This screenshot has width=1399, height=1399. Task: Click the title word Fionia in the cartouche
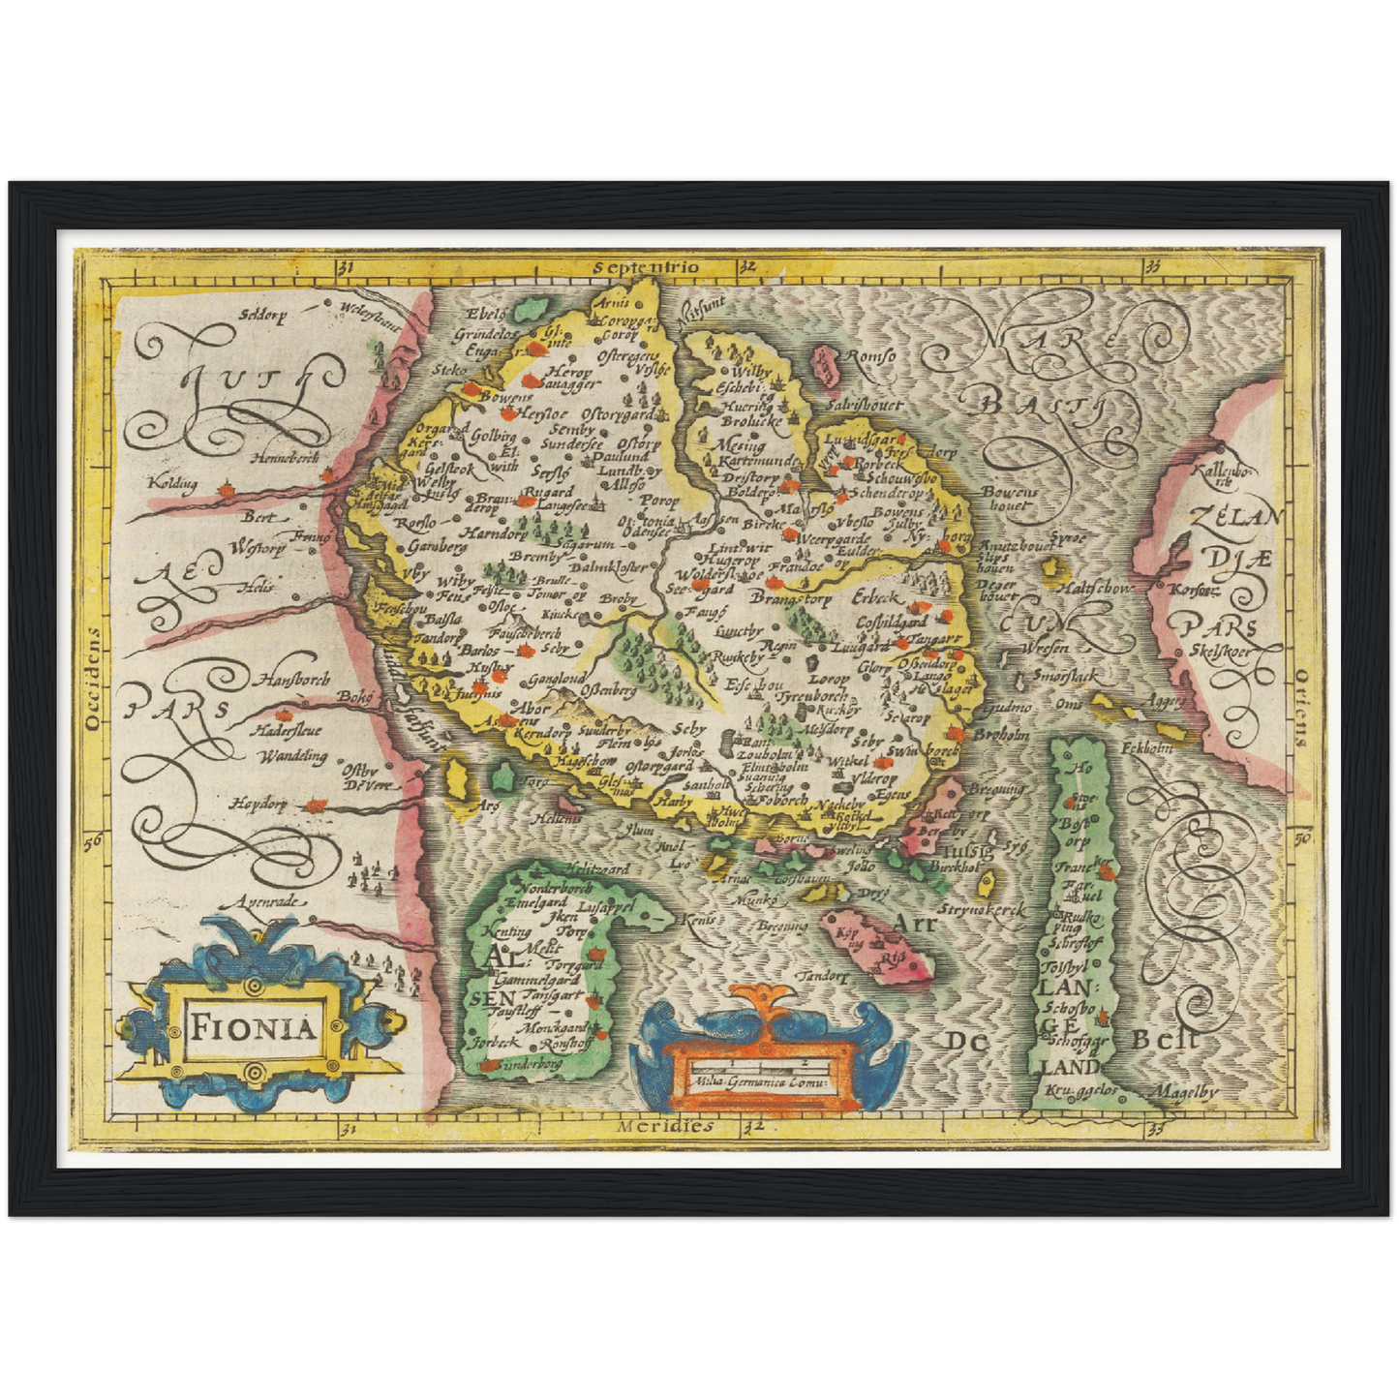click(x=253, y=1026)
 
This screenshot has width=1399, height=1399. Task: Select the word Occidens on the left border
click(x=93, y=678)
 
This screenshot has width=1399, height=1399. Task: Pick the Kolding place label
click(x=172, y=482)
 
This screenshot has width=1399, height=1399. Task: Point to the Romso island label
click(x=869, y=357)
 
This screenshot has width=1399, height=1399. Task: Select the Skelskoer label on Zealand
click(x=1218, y=652)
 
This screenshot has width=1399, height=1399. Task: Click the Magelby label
click(x=1183, y=1092)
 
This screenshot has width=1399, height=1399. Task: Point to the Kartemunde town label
click(x=757, y=463)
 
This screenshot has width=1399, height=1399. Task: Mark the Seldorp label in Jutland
click(x=264, y=314)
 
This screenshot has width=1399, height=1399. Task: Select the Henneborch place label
click(x=284, y=458)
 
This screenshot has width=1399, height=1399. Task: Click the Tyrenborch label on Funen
click(x=814, y=696)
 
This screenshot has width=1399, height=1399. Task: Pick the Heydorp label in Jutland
click(x=259, y=803)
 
